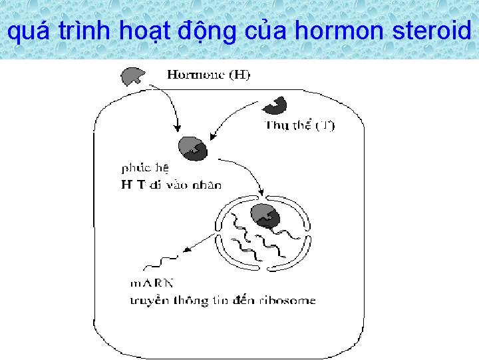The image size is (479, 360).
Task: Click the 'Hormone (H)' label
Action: tap(208, 75)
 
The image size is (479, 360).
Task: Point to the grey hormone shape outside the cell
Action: tap(132, 76)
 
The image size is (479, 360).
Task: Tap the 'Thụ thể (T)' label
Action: tap(299, 125)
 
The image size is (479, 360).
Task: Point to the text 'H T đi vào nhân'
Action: tap(171, 185)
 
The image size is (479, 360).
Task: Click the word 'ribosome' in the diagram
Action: tap(287, 301)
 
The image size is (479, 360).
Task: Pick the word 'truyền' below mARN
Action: tap(148, 301)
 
